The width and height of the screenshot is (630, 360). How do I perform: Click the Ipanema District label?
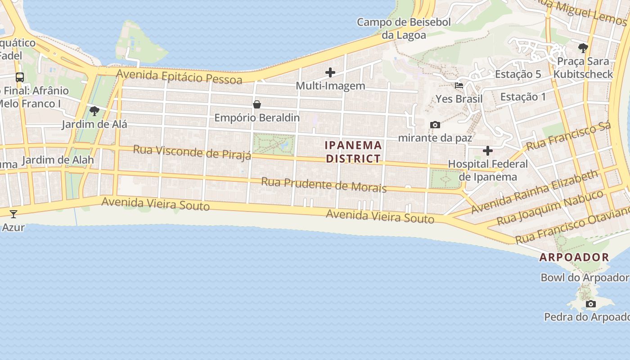pyautogui.click(x=353, y=152)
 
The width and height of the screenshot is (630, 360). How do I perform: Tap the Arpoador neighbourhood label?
pyautogui.click(x=574, y=257)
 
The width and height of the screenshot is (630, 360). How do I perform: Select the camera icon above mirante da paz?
pyautogui.click(x=435, y=125)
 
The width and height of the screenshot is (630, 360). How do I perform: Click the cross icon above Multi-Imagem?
pyautogui.click(x=330, y=72)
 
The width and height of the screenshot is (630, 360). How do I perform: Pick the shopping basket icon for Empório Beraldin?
pyautogui.click(x=257, y=104)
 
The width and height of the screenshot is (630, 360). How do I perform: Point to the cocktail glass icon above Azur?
pyautogui.click(x=13, y=214)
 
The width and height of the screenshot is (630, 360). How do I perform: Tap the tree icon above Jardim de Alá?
pyautogui.click(x=94, y=111)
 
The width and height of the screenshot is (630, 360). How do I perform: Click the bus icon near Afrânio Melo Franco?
pyautogui.click(x=20, y=77)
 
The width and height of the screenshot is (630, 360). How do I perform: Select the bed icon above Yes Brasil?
pyautogui.click(x=459, y=85)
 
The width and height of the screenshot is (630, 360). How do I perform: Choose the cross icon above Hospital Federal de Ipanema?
pyautogui.click(x=488, y=150)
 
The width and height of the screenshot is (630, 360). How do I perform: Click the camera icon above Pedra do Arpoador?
pyautogui.click(x=591, y=304)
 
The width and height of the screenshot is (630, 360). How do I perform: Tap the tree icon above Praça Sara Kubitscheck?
pyautogui.click(x=583, y=48)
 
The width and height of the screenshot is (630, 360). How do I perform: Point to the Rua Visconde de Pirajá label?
pyautogui.click(x=192, y=152)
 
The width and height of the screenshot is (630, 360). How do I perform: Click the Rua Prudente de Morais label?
pyautogui.click(x=324, y=184)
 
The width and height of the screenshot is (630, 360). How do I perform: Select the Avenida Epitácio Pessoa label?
pyautogui.click(x=179, y=76)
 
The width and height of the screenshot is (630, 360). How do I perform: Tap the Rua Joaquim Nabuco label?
pyautogui.click(x=550, y=208)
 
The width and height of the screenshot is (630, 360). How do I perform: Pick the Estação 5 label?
pyautogui.click(x=518, y=74)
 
